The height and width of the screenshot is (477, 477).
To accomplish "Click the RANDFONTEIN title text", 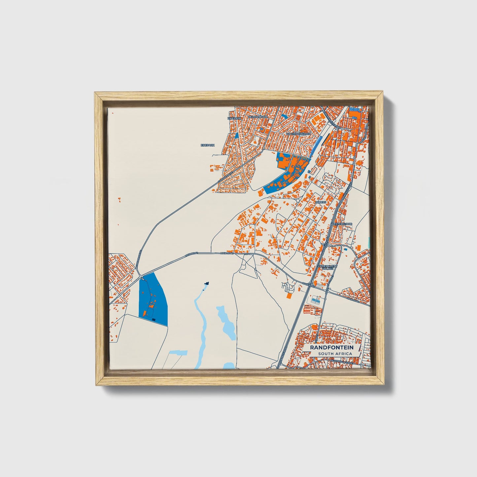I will (332, 348).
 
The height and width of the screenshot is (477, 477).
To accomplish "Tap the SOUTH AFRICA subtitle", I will (335, 354).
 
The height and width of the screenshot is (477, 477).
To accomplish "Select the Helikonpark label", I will (258, 117).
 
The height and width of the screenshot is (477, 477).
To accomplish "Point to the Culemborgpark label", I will (298, 134).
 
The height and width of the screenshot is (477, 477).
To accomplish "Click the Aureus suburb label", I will (321, 202).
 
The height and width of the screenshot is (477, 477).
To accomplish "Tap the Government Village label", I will (327, 267).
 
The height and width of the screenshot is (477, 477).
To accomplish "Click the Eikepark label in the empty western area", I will (207, 145).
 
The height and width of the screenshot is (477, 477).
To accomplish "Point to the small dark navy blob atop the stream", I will (207, 283).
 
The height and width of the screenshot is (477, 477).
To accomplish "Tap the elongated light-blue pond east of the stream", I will (226, 322).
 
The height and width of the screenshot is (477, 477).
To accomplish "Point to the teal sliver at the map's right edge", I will (369, 240).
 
